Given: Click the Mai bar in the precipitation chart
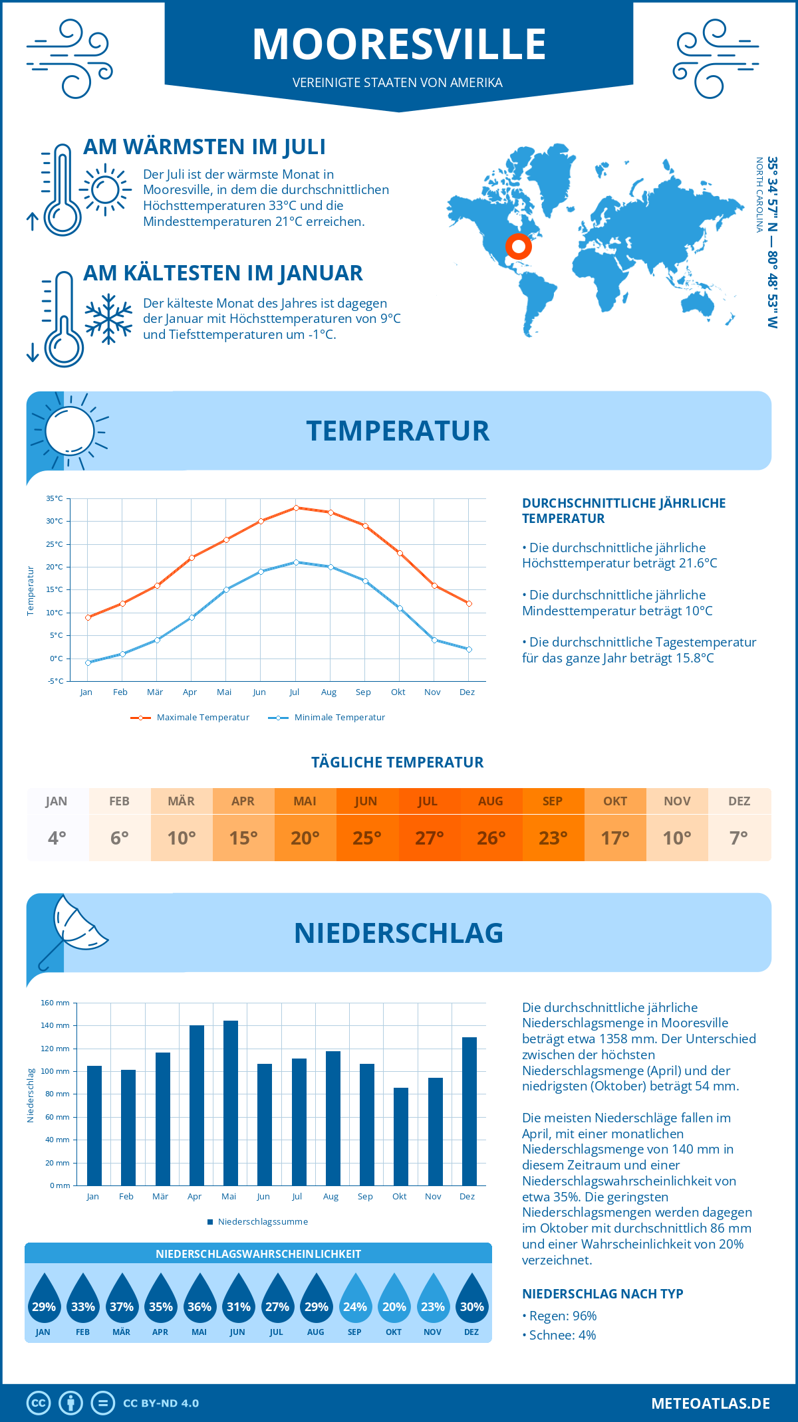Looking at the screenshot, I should pos(231,1103).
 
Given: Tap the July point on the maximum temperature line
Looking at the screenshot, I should pos(296,508).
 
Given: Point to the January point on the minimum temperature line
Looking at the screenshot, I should pos(88,662).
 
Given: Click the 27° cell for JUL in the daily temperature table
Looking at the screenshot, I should pos(429,838).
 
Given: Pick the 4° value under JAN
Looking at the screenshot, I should pos(57,838).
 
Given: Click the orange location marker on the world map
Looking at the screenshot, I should pos(518,247).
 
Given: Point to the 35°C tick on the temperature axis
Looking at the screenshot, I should pos(55,498).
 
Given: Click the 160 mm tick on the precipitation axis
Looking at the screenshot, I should pos(56,1003).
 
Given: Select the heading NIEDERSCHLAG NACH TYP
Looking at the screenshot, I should pos(602,1294).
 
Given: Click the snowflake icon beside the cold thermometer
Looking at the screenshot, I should pos(108,319).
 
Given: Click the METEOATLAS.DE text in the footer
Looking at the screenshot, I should pos(710,1403).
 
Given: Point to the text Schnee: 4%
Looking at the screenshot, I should pos(562,1335).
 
